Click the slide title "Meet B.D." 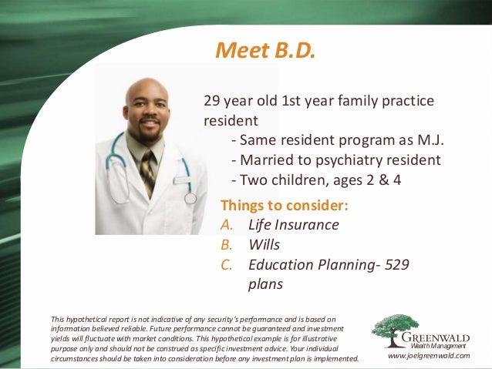[265, 51]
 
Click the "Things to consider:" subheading [285, 206]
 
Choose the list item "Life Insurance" [293, 225]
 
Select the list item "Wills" [264, 245]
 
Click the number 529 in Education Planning [395, 264]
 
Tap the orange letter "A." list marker [226, 225]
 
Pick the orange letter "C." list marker [226, 264]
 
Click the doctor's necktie [147, 171]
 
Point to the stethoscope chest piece [190, 198]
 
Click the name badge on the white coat [181, 179]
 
